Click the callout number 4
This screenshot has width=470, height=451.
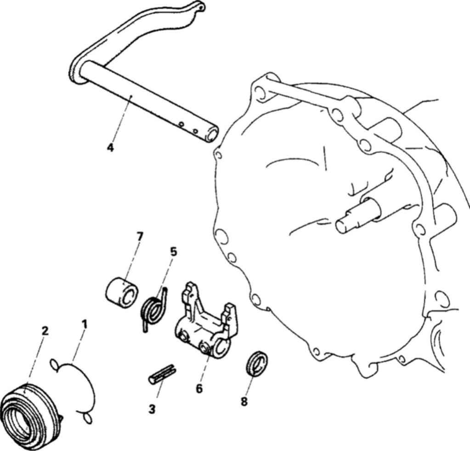tap(110, 147)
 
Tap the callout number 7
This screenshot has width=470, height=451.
tap(139, 237)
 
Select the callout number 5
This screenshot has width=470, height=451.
tap(173, 252)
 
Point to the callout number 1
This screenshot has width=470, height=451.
tap(85, 324)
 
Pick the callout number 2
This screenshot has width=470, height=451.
tap(45, 331)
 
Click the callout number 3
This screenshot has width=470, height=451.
tap(152, 409)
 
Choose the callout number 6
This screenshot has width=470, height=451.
tap(199, 388)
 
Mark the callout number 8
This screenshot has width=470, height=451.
tap(244, 402)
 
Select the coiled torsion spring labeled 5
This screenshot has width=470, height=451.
tap(154, 309)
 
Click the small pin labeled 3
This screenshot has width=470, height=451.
tap(162, 374)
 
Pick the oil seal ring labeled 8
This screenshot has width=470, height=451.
tap(257, 363)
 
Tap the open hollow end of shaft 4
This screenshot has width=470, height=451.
tap(212, 133)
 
